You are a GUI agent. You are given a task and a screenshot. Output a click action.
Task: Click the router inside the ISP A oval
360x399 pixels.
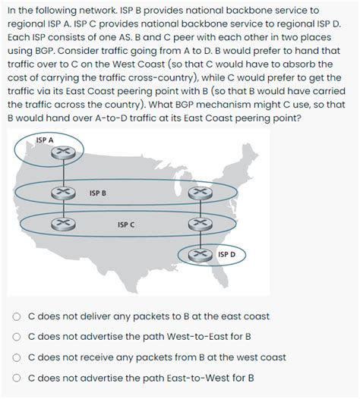(57, 153)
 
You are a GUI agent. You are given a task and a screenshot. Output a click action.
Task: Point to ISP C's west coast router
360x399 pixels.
(58, 222)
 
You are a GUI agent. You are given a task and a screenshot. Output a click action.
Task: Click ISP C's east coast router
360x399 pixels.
(200, 222)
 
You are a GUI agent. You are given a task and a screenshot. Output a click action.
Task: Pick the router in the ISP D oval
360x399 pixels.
(200, 253)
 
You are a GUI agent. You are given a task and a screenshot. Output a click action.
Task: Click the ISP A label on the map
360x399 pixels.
(46, 139)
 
